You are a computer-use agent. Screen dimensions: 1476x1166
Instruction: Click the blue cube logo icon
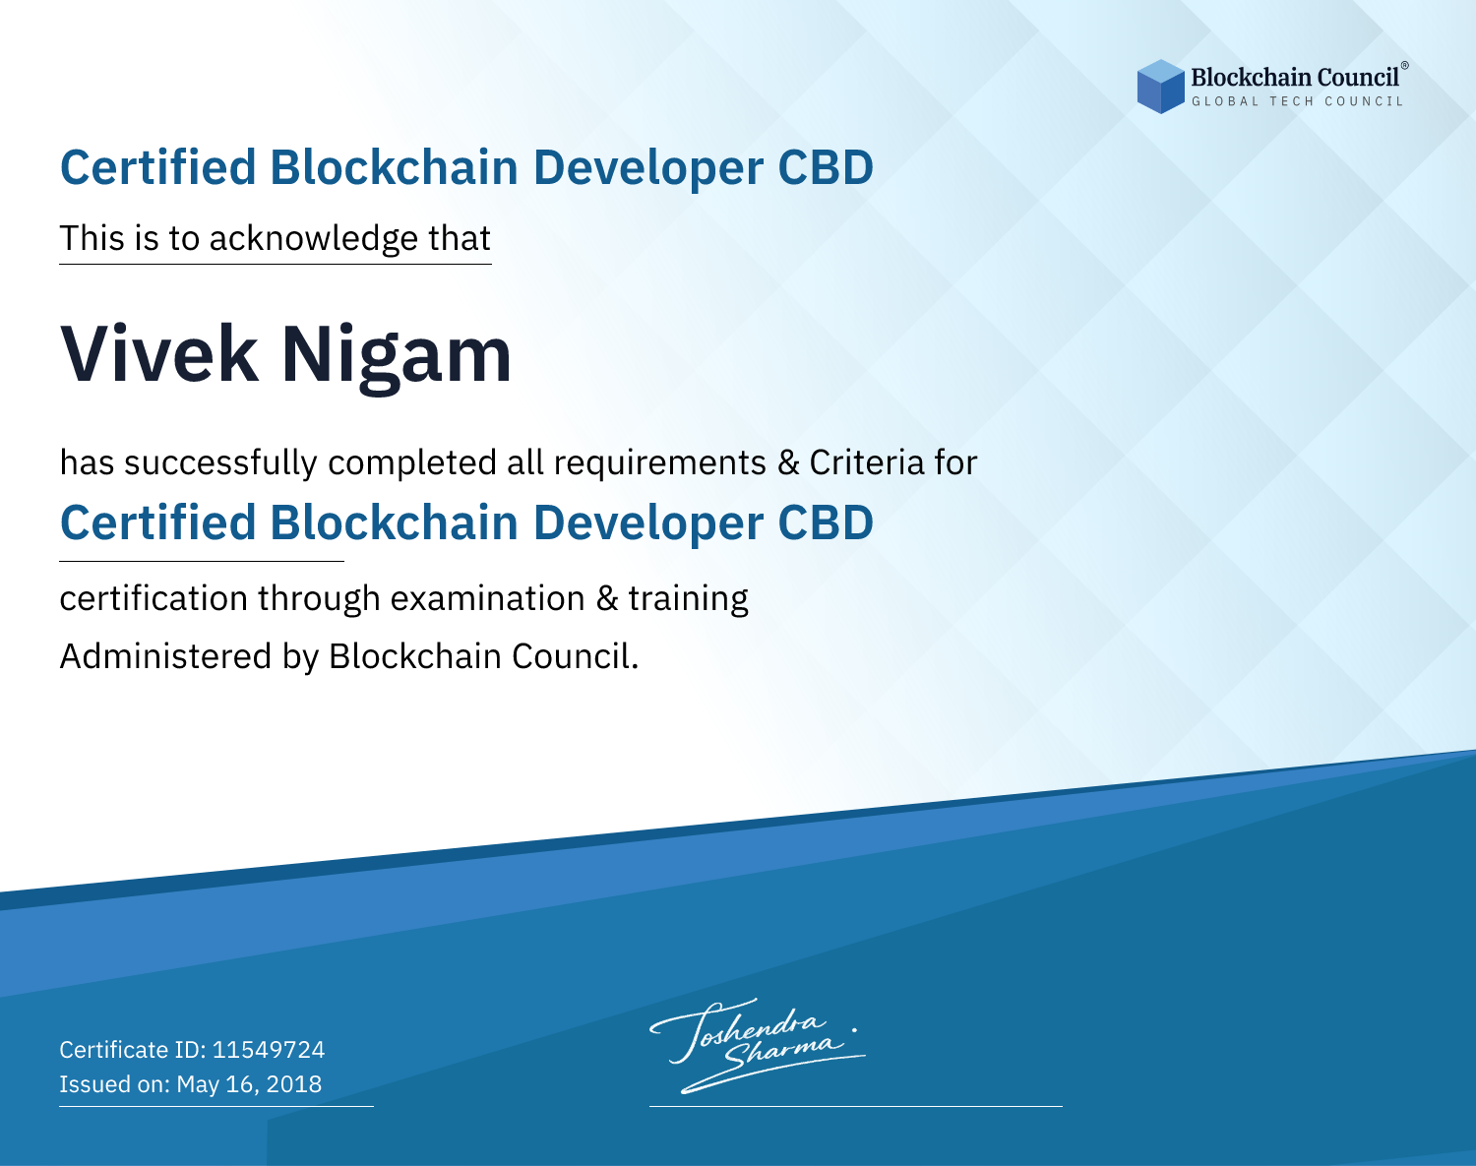(1160, 87)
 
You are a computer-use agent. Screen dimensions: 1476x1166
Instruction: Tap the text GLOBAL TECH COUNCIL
(1297, 101)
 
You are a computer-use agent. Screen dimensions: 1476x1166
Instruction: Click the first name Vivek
(159, 354)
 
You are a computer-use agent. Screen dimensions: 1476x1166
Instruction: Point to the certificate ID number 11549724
(269, 1049)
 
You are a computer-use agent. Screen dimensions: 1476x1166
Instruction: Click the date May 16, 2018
(249, 1083)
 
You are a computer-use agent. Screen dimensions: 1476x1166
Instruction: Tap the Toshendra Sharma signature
(758, 1045)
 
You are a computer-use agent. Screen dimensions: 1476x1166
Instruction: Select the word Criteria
(866, 462)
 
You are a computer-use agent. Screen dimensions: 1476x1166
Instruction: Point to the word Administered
(165, 655)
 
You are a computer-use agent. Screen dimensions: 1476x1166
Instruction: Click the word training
(688, 599)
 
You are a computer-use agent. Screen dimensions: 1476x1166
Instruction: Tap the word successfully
(220, 463)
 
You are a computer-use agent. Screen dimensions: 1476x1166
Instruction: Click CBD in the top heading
(826, 167)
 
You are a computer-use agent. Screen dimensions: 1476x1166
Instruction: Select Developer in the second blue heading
(647, 524)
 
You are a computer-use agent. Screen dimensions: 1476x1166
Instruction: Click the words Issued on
(114, 1083)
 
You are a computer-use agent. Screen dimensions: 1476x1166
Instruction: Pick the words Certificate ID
(133, 1049)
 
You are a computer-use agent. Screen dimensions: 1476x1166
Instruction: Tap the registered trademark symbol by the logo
(1404, 65)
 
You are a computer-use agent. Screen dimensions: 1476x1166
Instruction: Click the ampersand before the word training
(606, 598)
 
